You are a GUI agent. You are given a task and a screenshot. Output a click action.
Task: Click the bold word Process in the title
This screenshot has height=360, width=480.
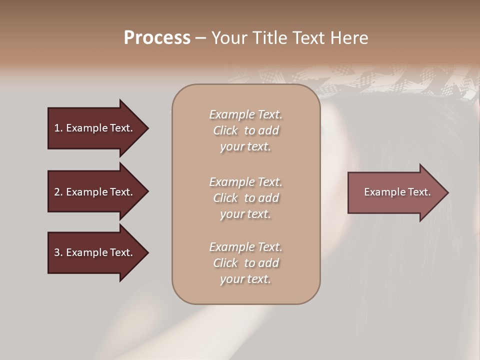click(157, 38)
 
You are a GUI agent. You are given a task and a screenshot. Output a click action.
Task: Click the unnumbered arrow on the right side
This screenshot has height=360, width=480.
click(395, 192)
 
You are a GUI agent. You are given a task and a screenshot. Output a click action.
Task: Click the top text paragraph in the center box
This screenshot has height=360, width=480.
click(245, 130)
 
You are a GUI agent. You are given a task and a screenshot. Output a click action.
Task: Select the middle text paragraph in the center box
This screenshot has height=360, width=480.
click(245, 198)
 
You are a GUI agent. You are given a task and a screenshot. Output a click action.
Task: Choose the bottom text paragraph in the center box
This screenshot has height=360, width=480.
click(245, 263)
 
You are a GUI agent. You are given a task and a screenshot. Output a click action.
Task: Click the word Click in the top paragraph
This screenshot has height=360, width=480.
click(225, 130)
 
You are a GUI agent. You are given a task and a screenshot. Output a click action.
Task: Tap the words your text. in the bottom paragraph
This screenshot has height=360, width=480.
click(245, 279)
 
